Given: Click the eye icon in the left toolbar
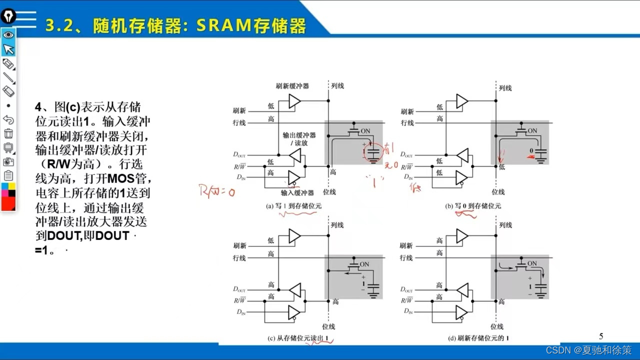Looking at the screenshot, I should pyautogui.click(x=8, y=35).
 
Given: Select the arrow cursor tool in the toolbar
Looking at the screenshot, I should pyautogui.click(x=8, y=49).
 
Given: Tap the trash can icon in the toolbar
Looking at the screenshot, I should pyautogui.click(x=8, y=133).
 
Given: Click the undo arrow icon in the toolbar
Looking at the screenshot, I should pyautogui.click(x=8, y=119).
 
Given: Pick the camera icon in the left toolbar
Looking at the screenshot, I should pyautogui.click(x=8, y=161).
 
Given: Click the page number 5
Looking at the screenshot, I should pyautogui.click(x=601, y=336).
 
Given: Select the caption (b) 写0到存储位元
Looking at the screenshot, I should pyautogui.click(x=473, y=206).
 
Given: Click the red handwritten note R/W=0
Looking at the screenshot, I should pyautogui.click(x=216, y=190).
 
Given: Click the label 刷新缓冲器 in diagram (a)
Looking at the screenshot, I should pyautogui.click(x=292, y=86).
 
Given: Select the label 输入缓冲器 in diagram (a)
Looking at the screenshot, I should pyautogui.click(x=297, y=192).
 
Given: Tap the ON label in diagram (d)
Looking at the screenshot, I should pyautogui.click(x=532, y=263).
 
